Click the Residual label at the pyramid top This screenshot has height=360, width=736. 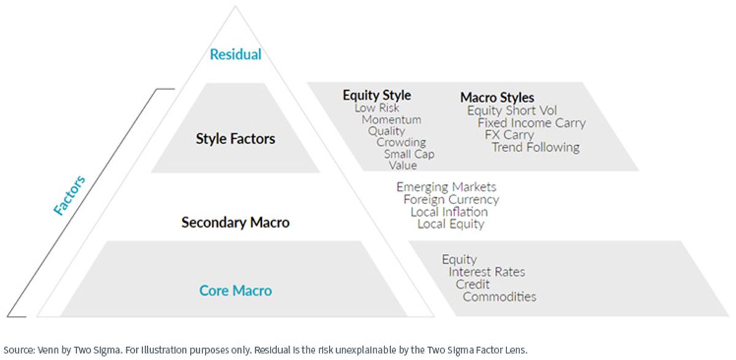tap(236, 54)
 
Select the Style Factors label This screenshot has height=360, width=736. tap(236, 139)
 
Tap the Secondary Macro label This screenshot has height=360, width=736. tap(236, 223)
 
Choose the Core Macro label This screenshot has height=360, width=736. tap(236, 290)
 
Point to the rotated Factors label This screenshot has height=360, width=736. tap(69, 196)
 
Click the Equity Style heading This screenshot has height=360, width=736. tap(377, 95)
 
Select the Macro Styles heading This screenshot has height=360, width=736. tap(497, 98)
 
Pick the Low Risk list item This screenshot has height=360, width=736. tap(377, 108)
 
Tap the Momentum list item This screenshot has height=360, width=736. tap(391, 120)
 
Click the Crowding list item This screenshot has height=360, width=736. tap(401, 142)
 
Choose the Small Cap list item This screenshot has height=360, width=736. tap(410, 154)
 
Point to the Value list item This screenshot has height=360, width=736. tap(403, 165)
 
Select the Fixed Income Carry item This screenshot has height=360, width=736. tap(532, 123)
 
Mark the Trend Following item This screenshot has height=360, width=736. tap(535, 147)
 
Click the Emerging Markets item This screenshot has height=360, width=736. tap(447, 187)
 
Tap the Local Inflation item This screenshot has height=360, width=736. tap(449, 212)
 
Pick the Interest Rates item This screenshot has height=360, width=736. tap(487, 272)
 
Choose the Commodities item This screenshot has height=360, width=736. tap(499, 297)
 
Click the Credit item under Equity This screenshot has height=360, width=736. tap(472, 284)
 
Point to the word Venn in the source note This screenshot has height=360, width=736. tap(48, 350)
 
